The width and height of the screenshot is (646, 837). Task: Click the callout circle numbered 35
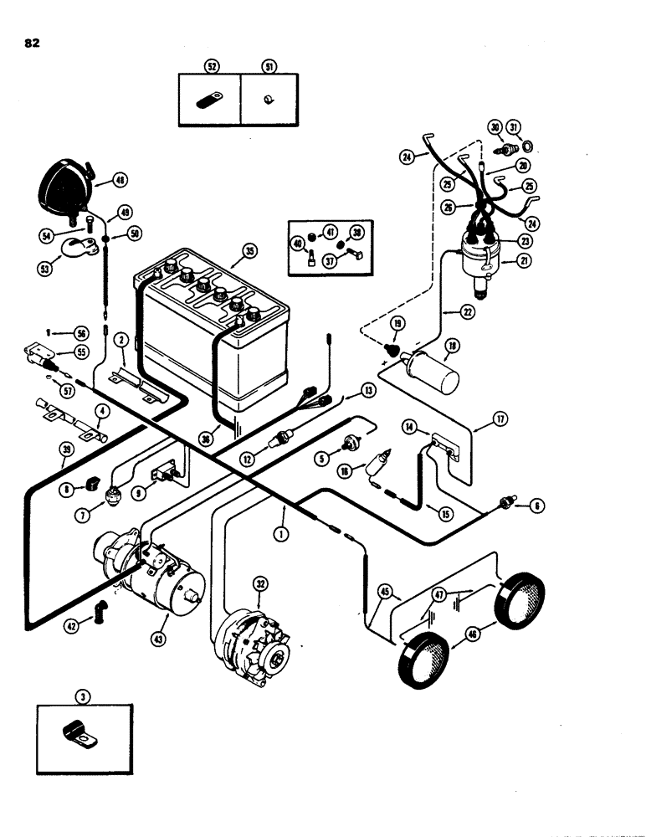click(x=247, y=250)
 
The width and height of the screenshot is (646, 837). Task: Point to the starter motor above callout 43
click(x=151, y=573)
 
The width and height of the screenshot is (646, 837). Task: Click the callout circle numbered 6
click(x=536, y=506)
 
